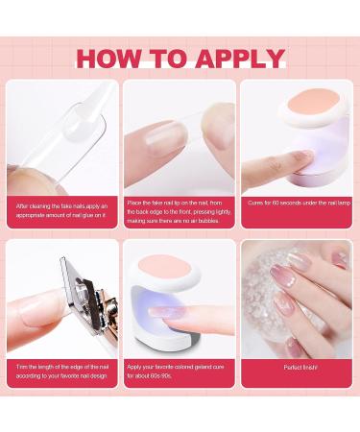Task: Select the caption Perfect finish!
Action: tap(299, 368)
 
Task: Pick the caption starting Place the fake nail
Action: tap(180, 211)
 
